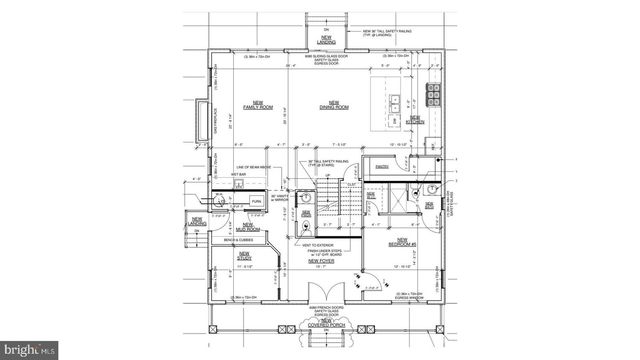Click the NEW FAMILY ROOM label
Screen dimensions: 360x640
[x=257, y=105]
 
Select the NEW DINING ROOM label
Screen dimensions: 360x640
[x=333, y=105]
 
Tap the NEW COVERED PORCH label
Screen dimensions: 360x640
[x=319, y=322]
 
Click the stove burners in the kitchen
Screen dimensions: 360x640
[x=437, y=95]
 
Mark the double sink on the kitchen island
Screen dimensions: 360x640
[x=396, y=100]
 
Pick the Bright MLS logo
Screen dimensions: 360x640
[x=30, y=350]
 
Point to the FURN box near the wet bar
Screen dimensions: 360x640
[x=256, y=201]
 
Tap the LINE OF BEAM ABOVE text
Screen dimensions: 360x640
[x=255, y=166]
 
